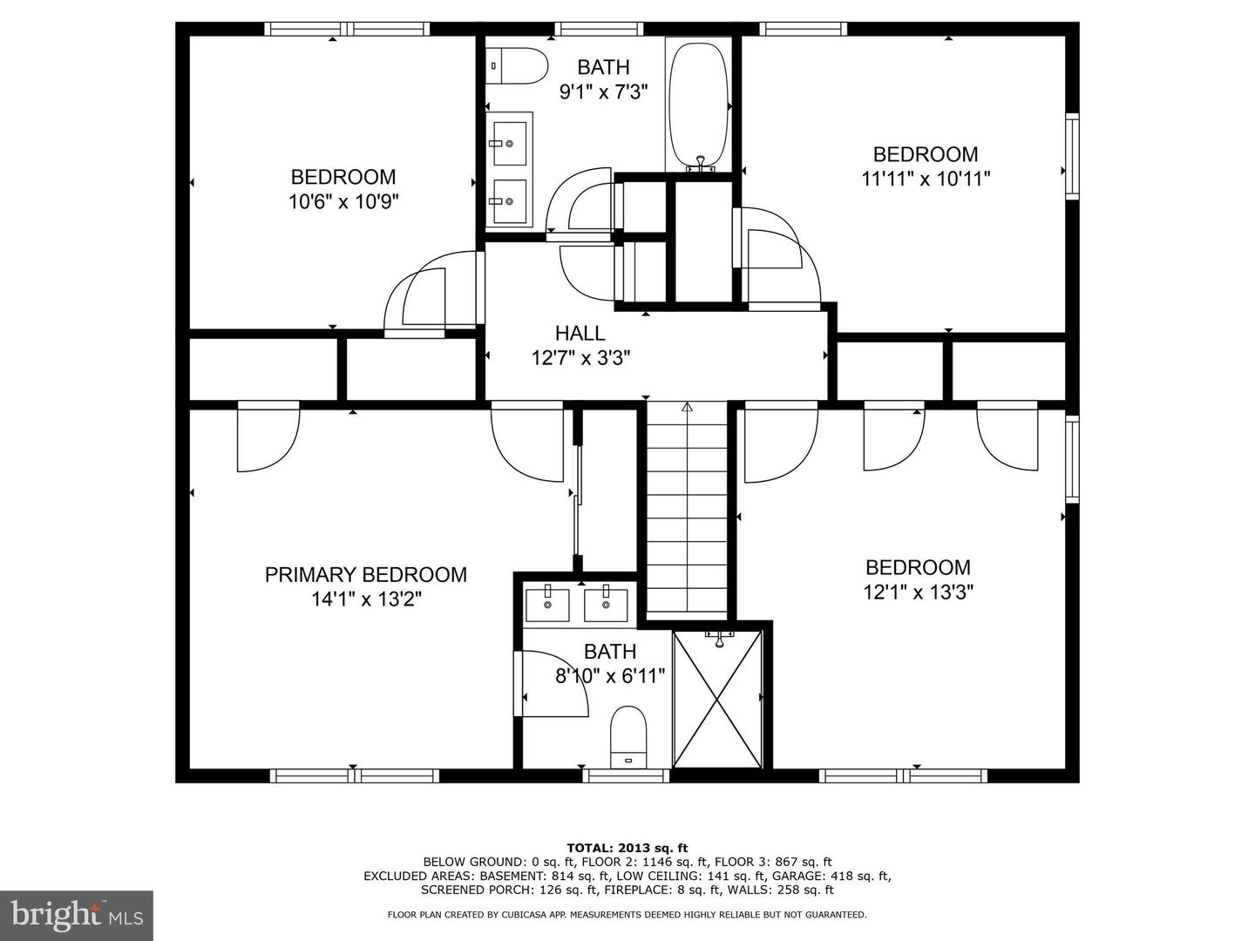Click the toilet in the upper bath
click(x=517, y=65)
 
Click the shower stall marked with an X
click(x=718, y=700)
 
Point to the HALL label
click(x=580, y=333)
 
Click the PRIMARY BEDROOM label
click(x=366, y=575)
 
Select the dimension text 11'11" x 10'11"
click(x=926, y=179)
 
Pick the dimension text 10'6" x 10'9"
click(x=343, y=201)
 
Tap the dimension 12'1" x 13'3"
click(x=919, y=592)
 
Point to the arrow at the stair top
click(x=687, y=407)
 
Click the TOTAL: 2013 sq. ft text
click(x=627, y=848)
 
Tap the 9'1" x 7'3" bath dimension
click(x=603, y=91)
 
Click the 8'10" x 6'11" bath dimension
click(x=610, y=676)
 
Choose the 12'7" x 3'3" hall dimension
click(x=581, y=358)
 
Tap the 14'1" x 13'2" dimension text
click(x=367, y=599)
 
